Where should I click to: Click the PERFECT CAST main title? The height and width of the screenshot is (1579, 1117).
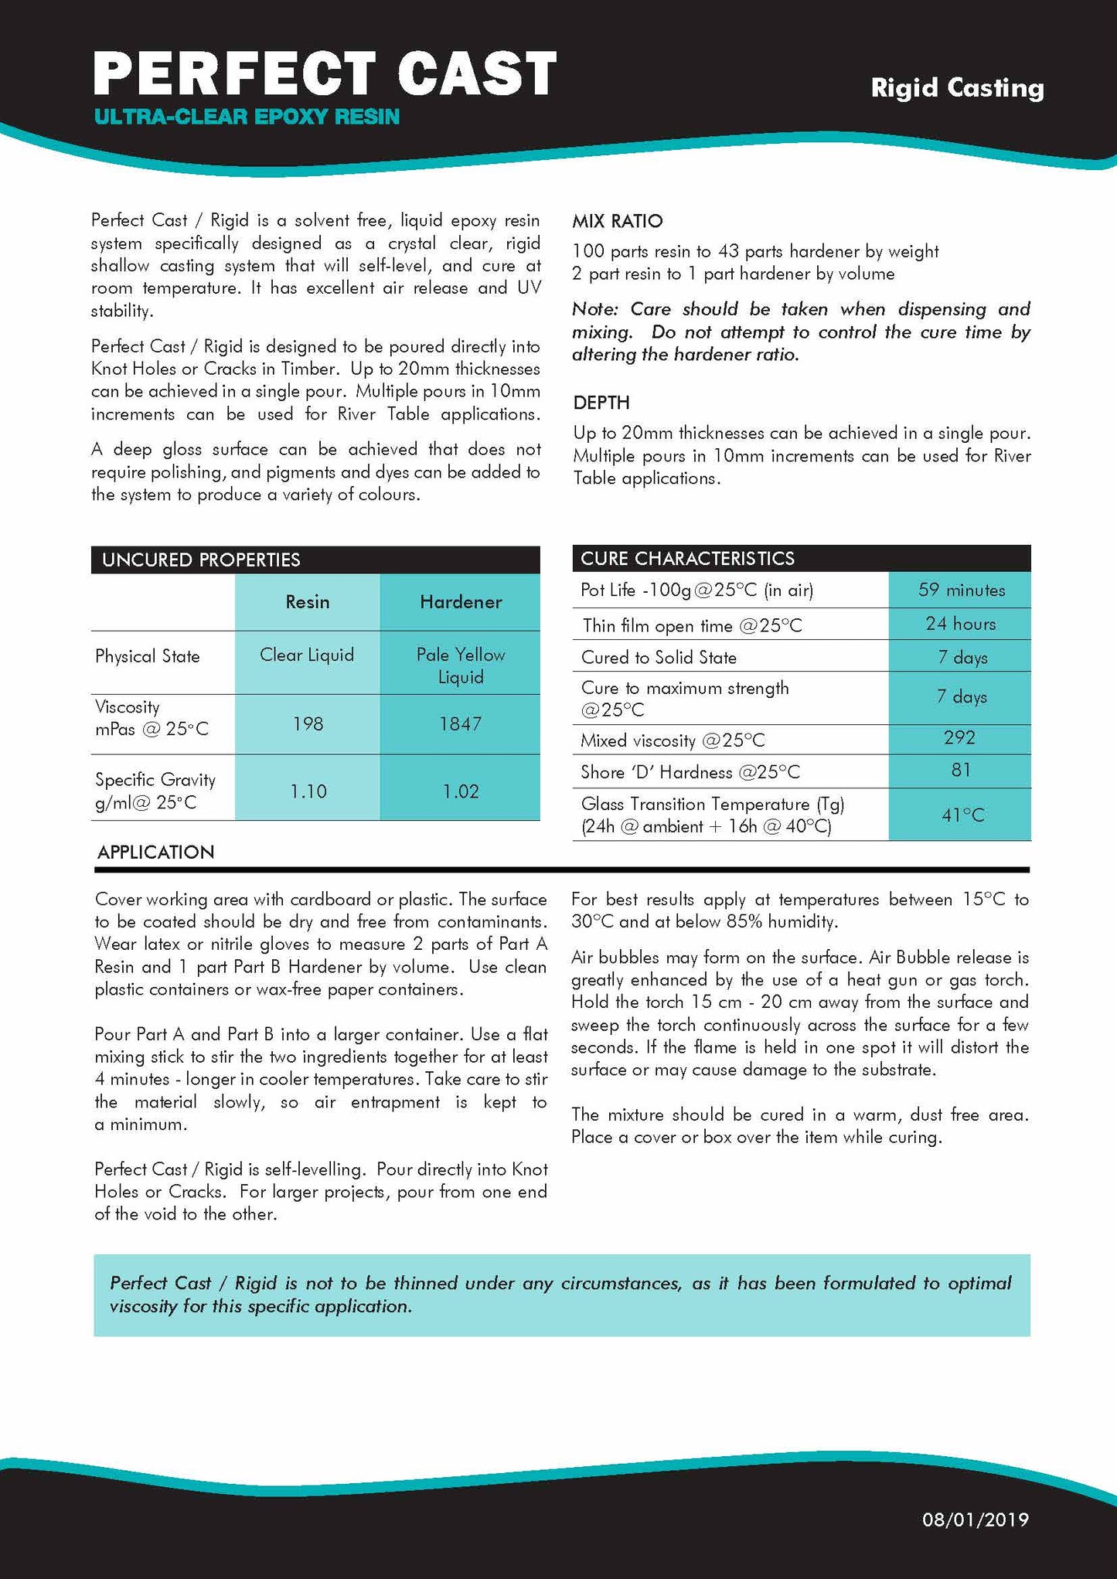coord(325,74)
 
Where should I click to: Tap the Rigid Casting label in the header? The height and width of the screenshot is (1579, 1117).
coord(957,88)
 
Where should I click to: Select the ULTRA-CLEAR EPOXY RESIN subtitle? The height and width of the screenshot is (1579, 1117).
coord(247,117)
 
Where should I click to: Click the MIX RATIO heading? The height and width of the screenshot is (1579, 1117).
coord(617,222)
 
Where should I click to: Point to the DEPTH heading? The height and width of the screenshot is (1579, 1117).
coord(601,403)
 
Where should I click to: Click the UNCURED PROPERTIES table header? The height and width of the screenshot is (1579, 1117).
coord(201,560)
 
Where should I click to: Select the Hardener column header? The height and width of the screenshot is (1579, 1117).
coord(461,602)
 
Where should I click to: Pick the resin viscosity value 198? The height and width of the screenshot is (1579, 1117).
coord(308,724)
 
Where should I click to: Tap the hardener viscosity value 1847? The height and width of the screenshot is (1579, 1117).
coord(461,724)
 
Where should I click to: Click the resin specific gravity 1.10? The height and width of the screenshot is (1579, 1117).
coord(308,791)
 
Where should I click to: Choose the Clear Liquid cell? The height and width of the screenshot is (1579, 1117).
coord(307,655)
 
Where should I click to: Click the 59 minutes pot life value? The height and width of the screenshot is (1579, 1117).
coord(961,590)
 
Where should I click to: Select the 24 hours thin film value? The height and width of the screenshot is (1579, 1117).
coord(961,624)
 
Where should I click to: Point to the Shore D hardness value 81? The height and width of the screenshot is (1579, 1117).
coord(961,770)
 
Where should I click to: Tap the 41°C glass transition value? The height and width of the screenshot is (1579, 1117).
coord(962,815)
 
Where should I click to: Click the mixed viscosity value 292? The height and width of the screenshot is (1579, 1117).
coord(959,737)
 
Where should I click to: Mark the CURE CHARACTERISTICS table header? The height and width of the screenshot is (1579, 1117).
coord(687,559)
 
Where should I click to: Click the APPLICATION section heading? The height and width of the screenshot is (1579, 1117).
coord(155,852)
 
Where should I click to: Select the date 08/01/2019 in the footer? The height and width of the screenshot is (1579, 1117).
coord(975,1519)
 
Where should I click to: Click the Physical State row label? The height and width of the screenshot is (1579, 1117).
coord(147,657)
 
